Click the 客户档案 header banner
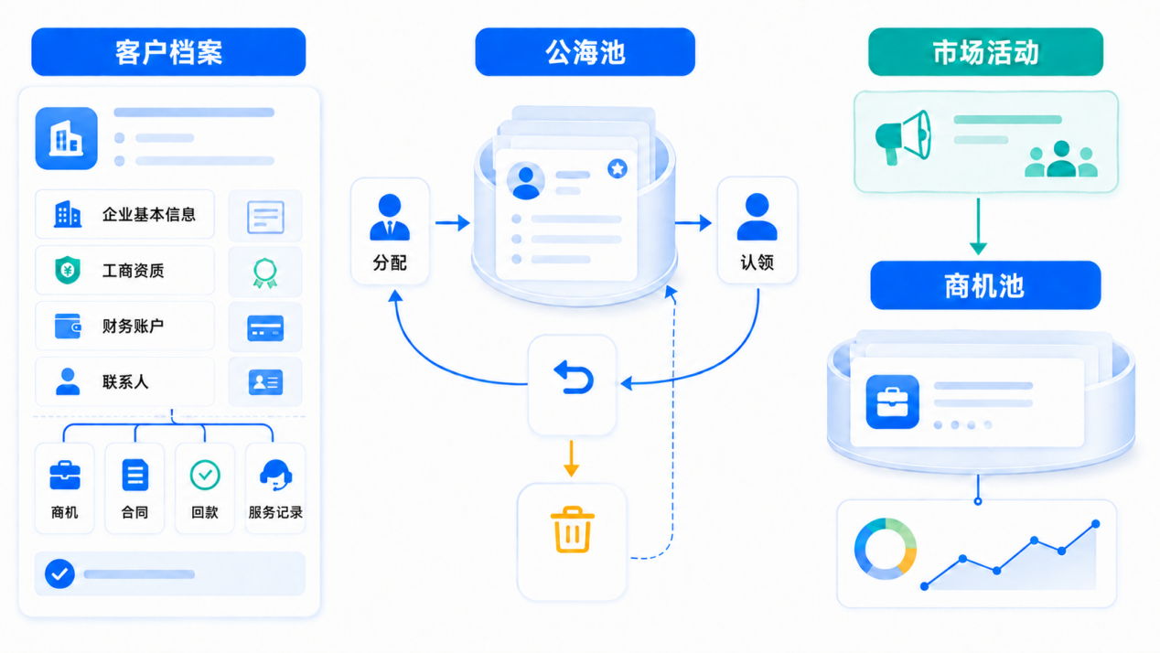pos(168,52)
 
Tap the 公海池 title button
pos(585,52)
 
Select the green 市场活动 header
pos(985,52)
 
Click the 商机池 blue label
pos(985,285)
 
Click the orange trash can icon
pos(573,530)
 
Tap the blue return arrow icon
pos(574,378)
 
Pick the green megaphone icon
pos(903,137)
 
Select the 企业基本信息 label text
pos(148,214)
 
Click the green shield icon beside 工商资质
pos(68,270)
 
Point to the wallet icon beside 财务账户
pos(68,326)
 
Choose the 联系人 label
pos(125,382)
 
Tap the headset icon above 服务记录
pos(275,475)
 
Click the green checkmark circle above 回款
pos(205,475)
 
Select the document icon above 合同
pos(135,475)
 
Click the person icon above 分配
pos(390,217)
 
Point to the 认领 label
pos(757,262)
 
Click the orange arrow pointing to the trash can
pos(571,459)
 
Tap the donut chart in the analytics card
pos(885,549)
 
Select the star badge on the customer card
pos(618,169)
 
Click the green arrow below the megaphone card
pos(978,226)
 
